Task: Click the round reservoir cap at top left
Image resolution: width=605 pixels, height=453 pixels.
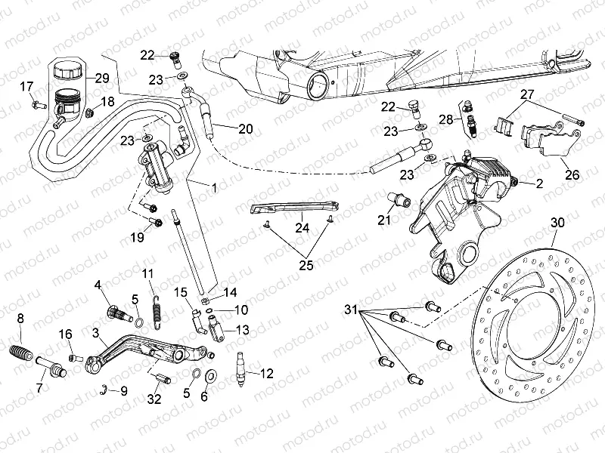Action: pyautogui.click(x=67, y=68)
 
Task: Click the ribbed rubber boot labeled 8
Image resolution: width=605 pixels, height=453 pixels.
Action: pyautogui.click(x=21, y=351)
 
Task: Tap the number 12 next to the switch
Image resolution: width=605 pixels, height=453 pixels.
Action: pyautogui.click(x=266, y=373)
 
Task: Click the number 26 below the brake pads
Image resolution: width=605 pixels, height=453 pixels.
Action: pyautogui.click(x=572, y=174)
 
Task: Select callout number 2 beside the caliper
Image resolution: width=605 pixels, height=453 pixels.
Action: pyautogui.click(x=539, y=183)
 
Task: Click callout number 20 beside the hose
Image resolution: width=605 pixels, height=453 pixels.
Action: pyautogui.click(x=244, y=128)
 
